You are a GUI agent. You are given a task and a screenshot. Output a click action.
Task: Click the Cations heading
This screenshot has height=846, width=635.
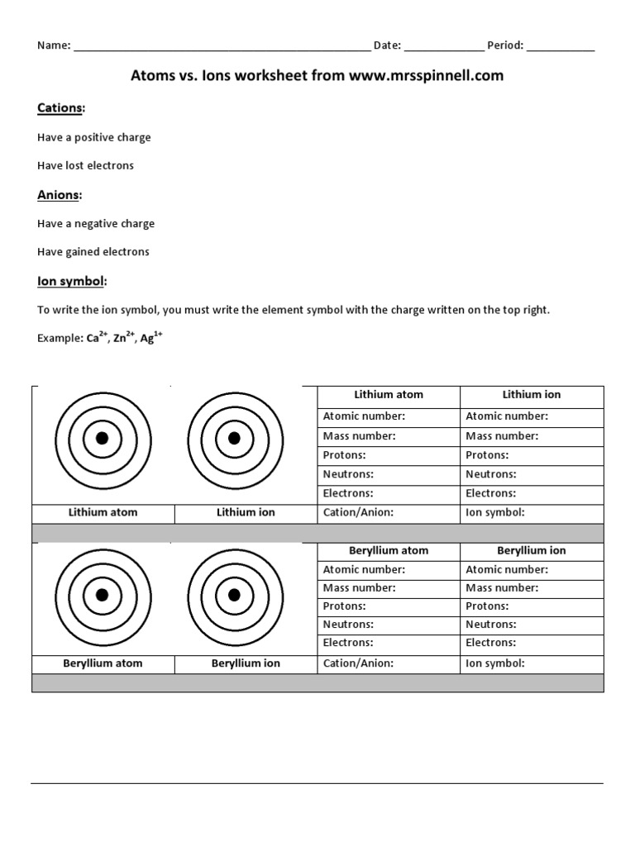(x=60, y=108)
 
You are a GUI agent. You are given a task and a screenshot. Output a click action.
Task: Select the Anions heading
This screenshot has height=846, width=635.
(x=60, y=195)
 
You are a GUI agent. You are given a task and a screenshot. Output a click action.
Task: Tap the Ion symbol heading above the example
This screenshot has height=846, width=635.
(x=72, y=281)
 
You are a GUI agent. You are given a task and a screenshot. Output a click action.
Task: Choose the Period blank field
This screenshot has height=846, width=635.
(x=560, y=46)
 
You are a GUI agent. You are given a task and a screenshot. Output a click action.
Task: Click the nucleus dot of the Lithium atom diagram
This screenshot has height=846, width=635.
(x=103, y=438)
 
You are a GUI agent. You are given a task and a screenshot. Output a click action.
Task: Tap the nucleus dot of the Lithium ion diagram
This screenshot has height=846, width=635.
(x=234, y=438)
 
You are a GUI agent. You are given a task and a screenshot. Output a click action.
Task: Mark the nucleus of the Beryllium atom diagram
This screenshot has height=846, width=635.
(x=103, y=595)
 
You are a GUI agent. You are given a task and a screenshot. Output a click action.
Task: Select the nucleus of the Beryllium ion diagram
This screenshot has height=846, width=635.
(x=234, y=595)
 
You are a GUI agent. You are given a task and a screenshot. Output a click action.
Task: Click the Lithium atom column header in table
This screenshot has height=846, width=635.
(x=389, y=395)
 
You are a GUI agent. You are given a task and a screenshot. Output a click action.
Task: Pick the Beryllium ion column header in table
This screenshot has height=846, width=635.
(x=532, y=550)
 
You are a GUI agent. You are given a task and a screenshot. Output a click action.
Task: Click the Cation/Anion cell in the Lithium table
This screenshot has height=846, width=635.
(x=389, y=512)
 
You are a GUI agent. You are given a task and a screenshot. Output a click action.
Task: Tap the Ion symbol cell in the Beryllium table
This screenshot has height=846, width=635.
(x=532, y=663)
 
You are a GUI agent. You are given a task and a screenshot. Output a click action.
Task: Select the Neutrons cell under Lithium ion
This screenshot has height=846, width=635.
(x=532, y=474)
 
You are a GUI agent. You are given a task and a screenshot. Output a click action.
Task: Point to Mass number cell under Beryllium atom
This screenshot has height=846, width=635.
(x=389, y=588)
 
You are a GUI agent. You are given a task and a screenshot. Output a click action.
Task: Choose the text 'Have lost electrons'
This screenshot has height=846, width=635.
(x=85, y=165)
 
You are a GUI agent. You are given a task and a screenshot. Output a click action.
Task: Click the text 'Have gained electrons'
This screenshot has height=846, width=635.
(x=93, y=251)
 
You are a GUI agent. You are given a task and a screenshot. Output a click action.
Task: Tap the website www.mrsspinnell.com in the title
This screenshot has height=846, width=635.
(x=426, y=76)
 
